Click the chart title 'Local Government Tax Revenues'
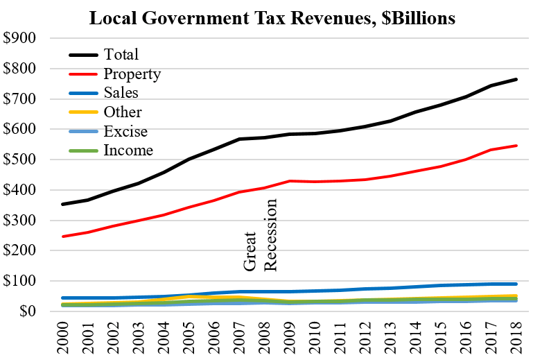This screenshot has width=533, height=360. coord(272,19)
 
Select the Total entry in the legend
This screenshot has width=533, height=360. coord(121,54)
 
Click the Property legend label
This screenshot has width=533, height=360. coord(132,74)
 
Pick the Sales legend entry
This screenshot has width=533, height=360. coord(121,93)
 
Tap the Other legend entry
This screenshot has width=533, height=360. coord(122,112)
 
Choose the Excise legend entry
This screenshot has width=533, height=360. coord(125,131)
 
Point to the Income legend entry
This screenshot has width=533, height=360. coord(128,150)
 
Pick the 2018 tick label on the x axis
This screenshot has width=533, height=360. coord(515,337)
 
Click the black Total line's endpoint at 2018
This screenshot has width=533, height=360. coord(515,79)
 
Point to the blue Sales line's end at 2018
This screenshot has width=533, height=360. coord(515,284)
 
